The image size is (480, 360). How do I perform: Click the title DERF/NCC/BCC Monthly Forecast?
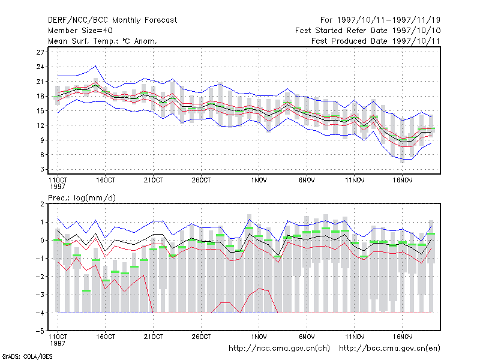click(x=112, y=20)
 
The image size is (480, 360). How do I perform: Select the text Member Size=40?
click(x=80, y=31)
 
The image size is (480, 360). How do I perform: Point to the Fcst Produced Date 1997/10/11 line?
click(x=376, y=41)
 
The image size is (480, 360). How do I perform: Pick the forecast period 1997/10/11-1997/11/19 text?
click(x=389, y=20)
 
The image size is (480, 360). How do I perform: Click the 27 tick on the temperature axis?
click(x=40, y=52)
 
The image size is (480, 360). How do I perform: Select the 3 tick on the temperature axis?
click(x=42, y=169)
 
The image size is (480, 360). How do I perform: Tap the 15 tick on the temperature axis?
click(x=40, y=111)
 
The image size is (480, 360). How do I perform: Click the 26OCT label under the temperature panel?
click(x=201, y=181)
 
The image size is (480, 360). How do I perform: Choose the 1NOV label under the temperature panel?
click(x=259, y=181)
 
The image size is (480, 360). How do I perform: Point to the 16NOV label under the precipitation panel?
click(x=403, y=337)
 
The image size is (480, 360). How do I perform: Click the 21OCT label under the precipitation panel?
click(x=154, y=337)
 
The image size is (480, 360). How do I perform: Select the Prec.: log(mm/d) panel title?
click(x=82, y=198)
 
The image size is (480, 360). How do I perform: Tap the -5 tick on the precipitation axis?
click(x=40, y=331)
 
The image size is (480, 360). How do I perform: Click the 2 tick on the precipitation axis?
click(x=42, y=204)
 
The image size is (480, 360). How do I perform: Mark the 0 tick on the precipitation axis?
click(x=42, y=241)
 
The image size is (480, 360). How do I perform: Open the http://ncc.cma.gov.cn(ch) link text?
click(x=279, y=349)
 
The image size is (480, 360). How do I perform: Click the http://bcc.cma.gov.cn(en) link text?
click(x=389, y=349)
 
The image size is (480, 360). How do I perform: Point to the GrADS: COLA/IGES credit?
click(x=27, y=356)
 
